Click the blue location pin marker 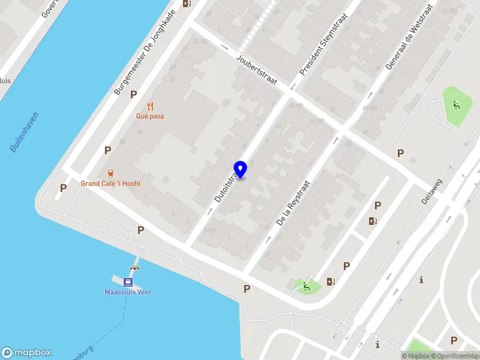241,169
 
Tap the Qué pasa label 150,116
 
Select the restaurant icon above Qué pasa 150,106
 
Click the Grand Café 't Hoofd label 110,184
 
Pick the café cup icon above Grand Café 110,173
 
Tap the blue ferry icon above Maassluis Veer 128,282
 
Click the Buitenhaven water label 24,132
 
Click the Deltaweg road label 431,190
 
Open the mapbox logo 26,353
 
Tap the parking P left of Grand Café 63,188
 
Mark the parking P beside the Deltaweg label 400,154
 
